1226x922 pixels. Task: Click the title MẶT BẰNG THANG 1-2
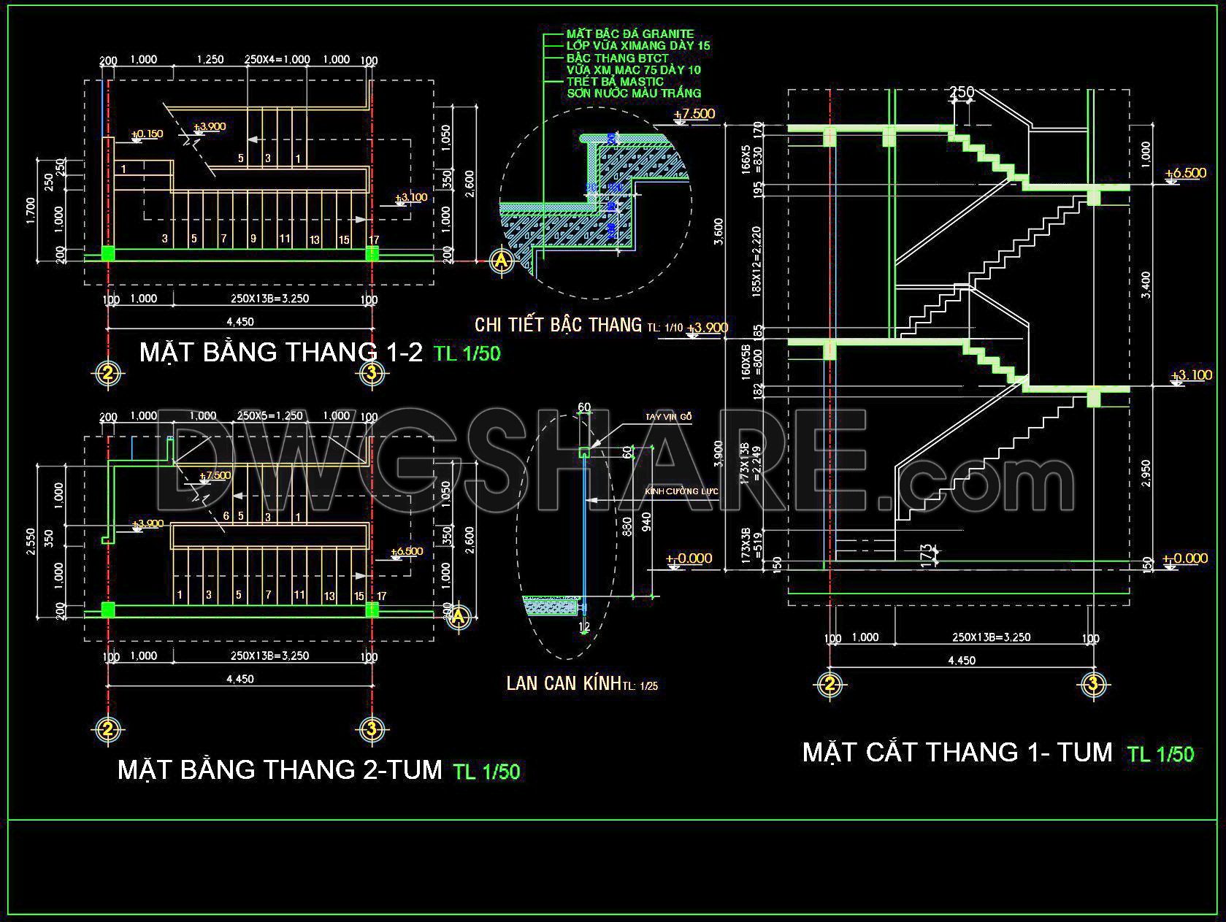coord(280,352)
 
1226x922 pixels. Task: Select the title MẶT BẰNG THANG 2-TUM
coord(280,769)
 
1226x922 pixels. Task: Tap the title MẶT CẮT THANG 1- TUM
coord(957,752)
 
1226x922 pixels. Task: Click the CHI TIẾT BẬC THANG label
coord(558,324)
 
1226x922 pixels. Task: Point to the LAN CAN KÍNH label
coord(563,683)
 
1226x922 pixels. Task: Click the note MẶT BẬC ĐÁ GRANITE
coord(630,34)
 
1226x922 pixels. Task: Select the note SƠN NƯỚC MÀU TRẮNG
coord(634,93)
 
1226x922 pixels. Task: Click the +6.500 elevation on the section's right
coord(1185,174)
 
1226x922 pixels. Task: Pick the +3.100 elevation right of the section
coord(1190,375)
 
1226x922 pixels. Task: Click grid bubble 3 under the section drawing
coord(1093,684)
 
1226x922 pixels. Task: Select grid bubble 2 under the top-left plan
coord(107,373)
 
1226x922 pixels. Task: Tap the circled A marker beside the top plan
coord(501,261)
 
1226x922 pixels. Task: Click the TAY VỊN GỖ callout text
coord(668,417)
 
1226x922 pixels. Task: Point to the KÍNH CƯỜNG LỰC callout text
coord(681,491)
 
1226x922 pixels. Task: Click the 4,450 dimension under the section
coord(961,661)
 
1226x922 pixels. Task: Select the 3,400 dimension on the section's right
coord(1146,285)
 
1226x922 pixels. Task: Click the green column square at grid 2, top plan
coord(108,253)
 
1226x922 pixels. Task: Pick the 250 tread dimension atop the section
coord(962,93)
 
